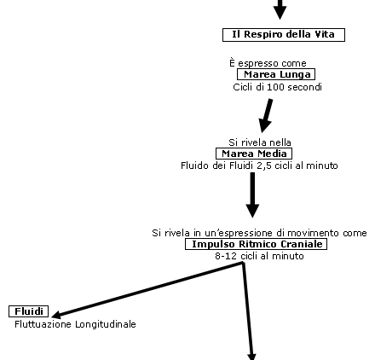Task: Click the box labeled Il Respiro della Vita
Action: pos(284,35)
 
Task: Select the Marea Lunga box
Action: pos(276,74)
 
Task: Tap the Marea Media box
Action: pos(254,154)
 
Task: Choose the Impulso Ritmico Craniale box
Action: pos(256,244)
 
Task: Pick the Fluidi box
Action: pos(28,311)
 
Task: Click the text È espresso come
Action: pos(268,63)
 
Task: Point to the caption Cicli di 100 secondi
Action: pos(277,87)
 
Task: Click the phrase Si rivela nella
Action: pos(260,142)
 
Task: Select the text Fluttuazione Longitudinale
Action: pos(75,324)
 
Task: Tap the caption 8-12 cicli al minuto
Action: pos(259,256)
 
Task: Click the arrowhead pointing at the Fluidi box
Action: pos(56,315)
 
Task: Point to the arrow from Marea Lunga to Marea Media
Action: pos(266,116)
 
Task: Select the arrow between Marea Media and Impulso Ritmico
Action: pos(252,195)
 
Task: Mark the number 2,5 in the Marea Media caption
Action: pos(265,165)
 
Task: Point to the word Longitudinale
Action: pos(106,324)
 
